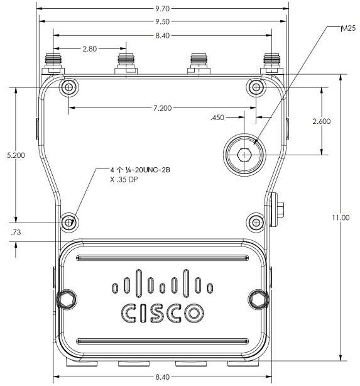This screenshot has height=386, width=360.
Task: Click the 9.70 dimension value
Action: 162,9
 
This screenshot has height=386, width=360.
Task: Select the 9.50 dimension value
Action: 162,21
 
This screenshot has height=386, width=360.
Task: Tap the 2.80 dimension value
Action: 90,49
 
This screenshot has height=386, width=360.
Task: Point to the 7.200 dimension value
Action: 162,108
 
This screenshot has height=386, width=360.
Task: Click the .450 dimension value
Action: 217,118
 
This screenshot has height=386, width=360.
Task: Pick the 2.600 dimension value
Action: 322,121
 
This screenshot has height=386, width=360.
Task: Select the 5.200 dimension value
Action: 16,155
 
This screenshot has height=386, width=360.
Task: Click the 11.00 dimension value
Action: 341,218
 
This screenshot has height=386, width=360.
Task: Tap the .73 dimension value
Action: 16,233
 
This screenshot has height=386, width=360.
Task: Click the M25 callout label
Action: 348,28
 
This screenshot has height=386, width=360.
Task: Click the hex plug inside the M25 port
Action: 244,155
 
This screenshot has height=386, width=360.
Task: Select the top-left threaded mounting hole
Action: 69,87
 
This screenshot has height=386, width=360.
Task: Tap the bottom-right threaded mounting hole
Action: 256,223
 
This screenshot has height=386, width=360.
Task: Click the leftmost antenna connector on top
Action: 53,63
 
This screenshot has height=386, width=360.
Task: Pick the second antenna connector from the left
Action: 126,63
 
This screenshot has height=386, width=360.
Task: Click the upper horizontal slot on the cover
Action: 162,258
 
